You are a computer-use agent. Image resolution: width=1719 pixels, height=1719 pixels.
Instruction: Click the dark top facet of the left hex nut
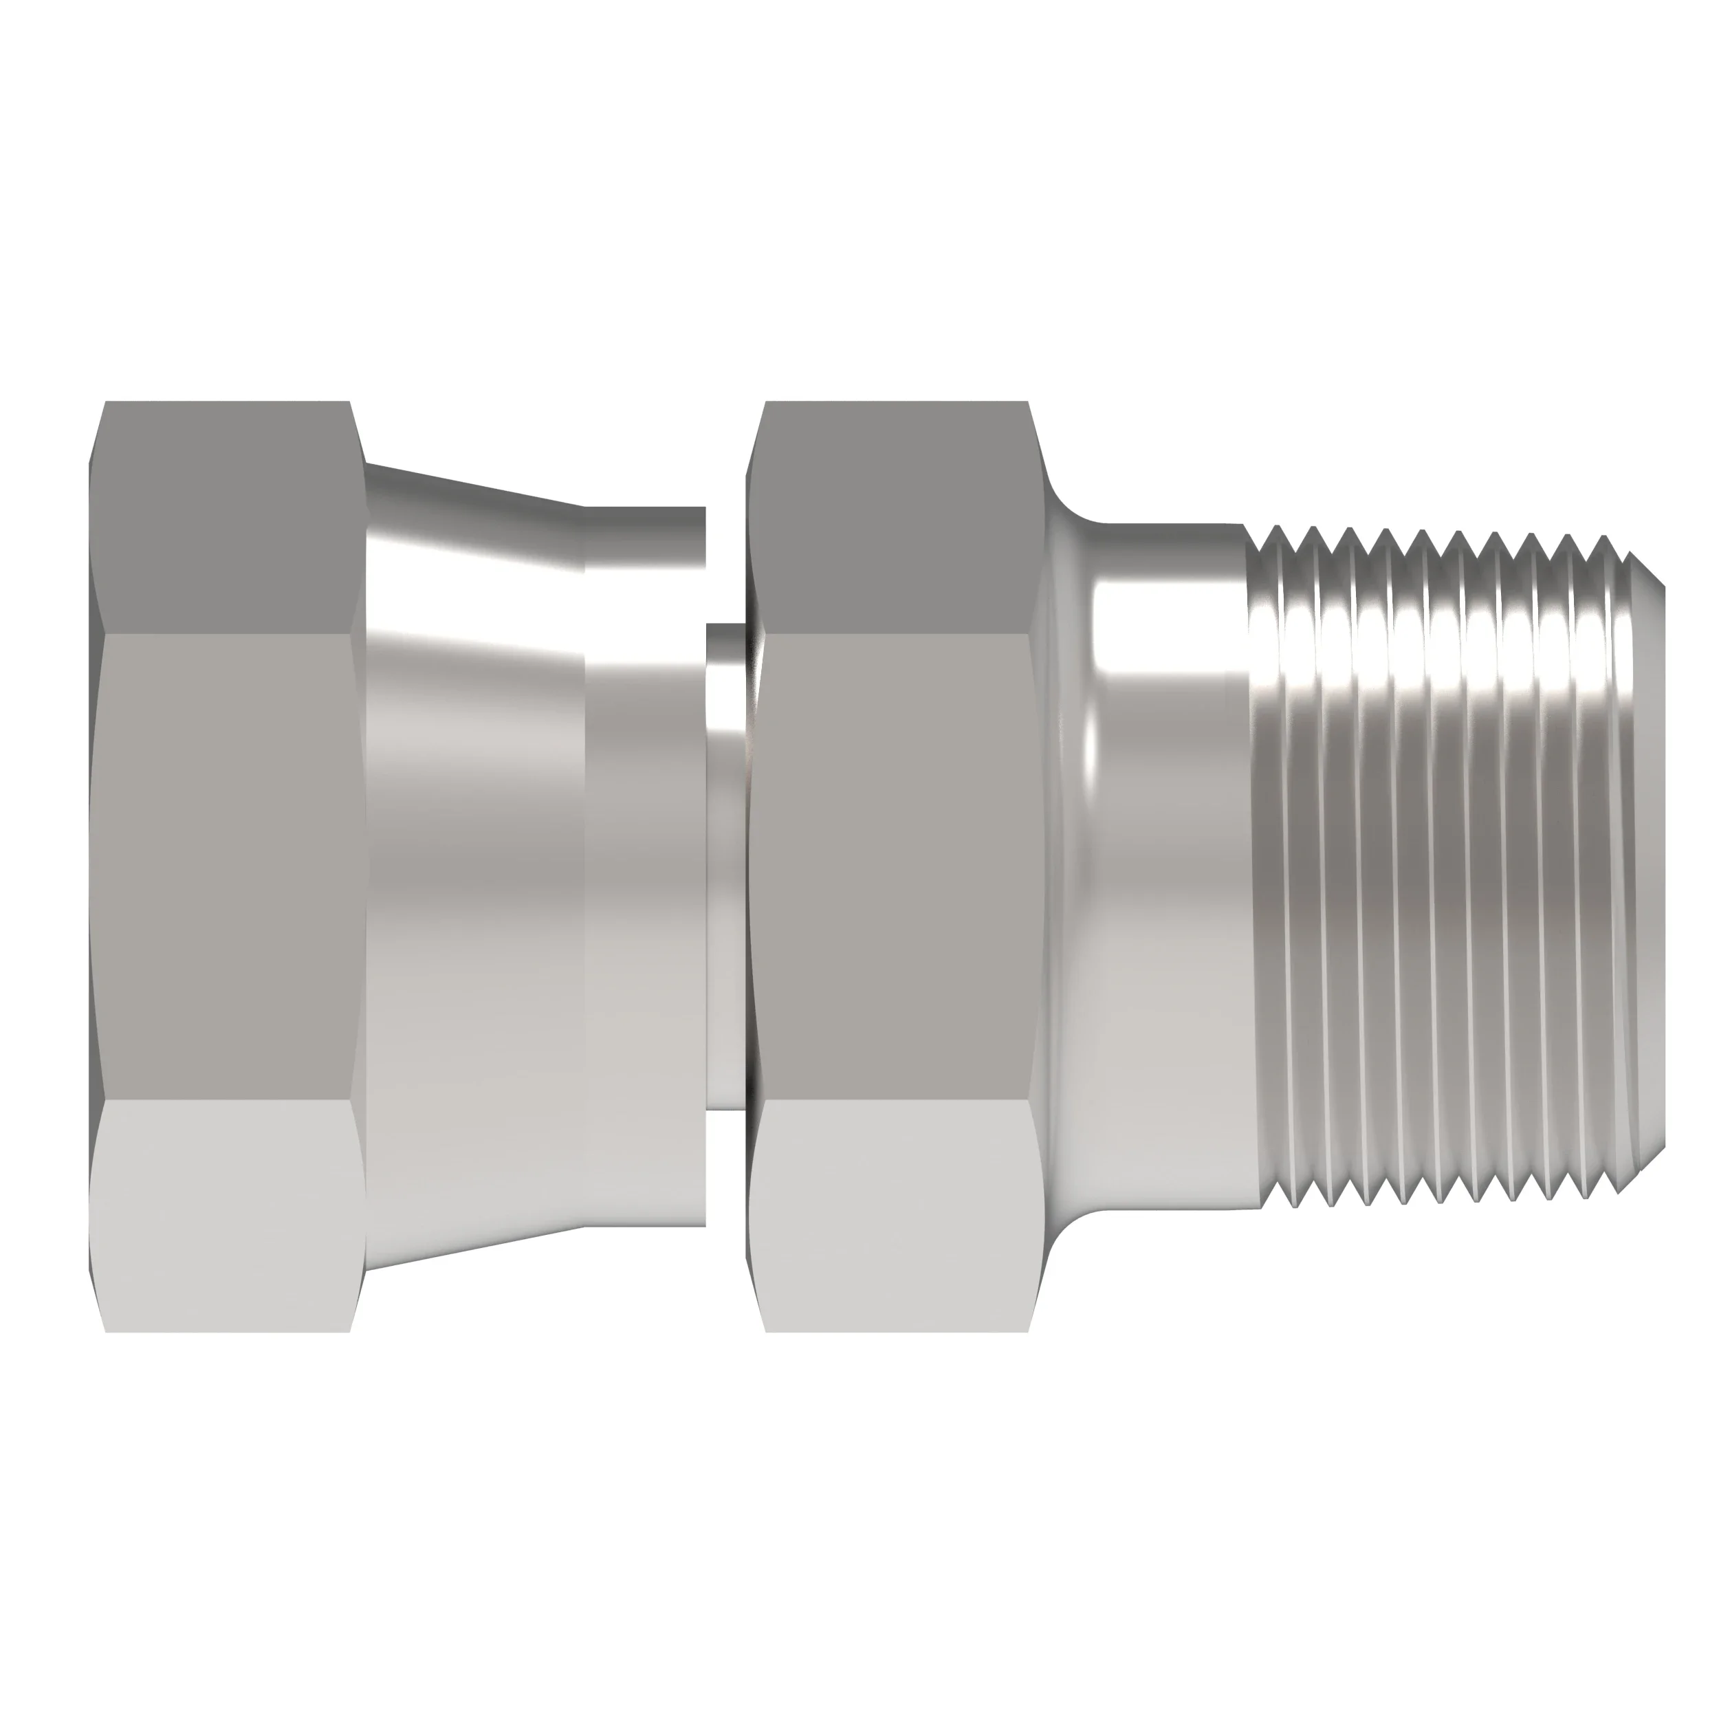(x=227, y=516)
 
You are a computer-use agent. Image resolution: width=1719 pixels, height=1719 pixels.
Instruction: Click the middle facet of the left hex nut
(x=227, y=868)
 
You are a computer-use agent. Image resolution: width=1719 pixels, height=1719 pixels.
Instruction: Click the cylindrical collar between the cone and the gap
(x=645, y=868)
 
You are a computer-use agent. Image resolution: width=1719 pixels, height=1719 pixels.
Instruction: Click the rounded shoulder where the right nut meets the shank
(x=1063, y=868)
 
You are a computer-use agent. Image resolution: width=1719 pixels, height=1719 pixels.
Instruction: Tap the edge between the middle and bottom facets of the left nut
(x=227, y=1101)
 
